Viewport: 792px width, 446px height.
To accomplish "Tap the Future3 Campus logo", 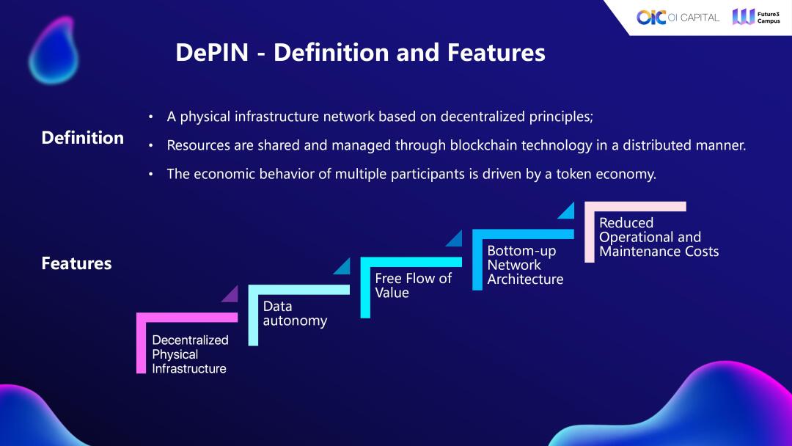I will pos(755,17).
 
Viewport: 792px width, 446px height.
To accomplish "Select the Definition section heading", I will pos(82,138).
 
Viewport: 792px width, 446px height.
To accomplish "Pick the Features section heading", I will pos(76,263).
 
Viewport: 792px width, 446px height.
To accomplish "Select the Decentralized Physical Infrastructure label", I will pos(190,354).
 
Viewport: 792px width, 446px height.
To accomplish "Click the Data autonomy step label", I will pos(295,313).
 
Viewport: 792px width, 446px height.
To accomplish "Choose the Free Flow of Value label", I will pos(413,285).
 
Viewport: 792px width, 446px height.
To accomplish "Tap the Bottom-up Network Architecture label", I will pos(525,265).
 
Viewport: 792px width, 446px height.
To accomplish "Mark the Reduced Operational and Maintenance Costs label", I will pos(659,237).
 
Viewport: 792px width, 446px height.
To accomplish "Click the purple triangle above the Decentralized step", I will pos(231,295).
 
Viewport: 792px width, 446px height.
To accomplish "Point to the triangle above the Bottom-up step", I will pos(455,238).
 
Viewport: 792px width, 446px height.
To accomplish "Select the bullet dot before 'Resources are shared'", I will pos(150,146).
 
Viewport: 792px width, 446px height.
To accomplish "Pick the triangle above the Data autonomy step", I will pos(343,266).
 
